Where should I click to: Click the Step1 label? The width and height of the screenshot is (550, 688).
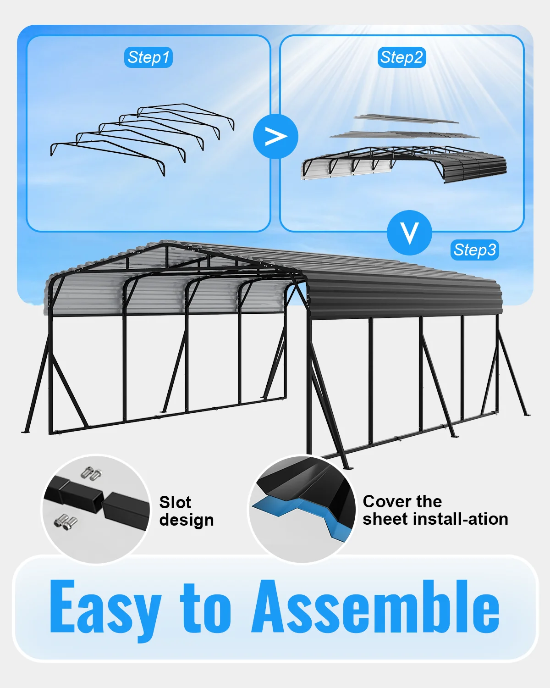[x=148, y=57]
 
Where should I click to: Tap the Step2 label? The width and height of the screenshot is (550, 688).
[x=401, y=57]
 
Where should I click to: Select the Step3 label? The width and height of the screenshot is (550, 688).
[x=474, y=250]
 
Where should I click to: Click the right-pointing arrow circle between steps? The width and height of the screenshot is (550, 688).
[x=275, y=137]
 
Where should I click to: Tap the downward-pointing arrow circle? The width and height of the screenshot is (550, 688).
[x=409, y=233]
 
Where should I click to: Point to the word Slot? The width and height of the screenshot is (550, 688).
[x=175, y=502]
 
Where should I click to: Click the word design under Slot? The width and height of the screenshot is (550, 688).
[x=187, y=521]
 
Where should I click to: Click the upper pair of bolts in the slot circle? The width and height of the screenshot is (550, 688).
[x=92, y=473]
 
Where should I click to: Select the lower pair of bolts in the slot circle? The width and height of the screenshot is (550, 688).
[x=66, y=522]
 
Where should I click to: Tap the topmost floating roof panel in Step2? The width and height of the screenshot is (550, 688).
[x=407, y=119]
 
